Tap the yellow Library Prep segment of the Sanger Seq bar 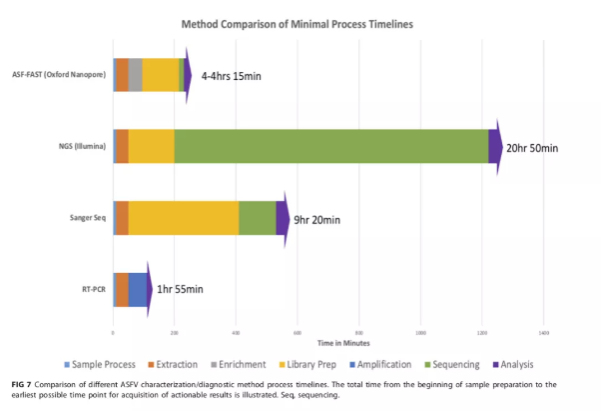pyautogui.click(x=183, y=217)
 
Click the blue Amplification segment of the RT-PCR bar pyautogui.click(x=137, y=289)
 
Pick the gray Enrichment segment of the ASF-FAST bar pyautogui.click(x=135, y=75)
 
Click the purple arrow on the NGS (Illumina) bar pyautogui.click(x=495, y=146)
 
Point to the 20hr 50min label pyautogui.click(x=532, y=147)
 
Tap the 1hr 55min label pyautogui.click(x=181, y=290)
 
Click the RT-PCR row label pyautogui.click(x=93, y=290)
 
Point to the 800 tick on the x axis pyautogui.click(x=358, y=333)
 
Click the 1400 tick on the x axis pyautogui.click(x=543, y=333)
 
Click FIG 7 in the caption pyautogui.click(x=27, y=385)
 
